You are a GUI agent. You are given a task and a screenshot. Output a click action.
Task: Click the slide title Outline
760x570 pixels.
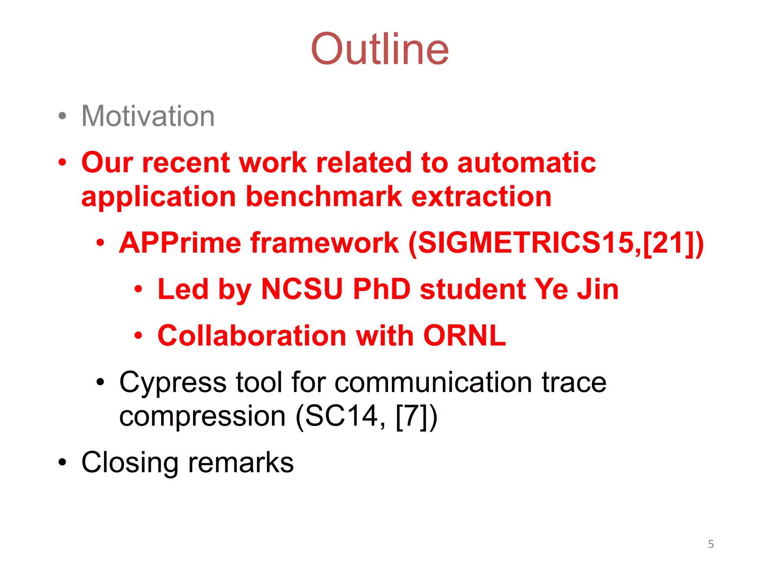pyautogui.click(x=380, y=49)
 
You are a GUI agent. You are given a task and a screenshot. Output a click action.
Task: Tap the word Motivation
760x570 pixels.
pyautogui.click(x=148, y=116)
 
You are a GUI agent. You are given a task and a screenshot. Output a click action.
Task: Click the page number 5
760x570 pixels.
pyautogui.click(x=711, y=544)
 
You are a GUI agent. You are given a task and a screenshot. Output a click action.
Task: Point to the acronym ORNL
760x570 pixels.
pyautogui.click(x=464, y=335)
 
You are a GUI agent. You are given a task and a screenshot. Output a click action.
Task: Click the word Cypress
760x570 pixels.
pyautogui.click(x=173, y=382)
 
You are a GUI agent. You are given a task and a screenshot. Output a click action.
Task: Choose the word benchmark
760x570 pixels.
pyautogui.click(x=324, y=197)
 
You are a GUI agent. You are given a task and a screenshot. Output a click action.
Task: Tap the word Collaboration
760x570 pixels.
pyautogui.click(x=251, y=335)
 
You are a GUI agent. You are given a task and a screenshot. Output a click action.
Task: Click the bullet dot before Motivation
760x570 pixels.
pyautogui.click(x=62, y=116)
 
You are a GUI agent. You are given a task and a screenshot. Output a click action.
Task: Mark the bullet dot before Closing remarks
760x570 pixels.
pyautogui.click(x=62, y=463)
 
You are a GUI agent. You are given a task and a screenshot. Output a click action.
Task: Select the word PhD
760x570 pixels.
pyautogui.click(x=381, y=289)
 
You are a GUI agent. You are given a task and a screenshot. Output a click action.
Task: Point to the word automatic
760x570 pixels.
pyautogui.click(x=527, y=163)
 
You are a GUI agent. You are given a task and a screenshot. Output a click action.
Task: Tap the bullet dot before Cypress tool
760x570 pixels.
pyautogui.click(x=100, y=382)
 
